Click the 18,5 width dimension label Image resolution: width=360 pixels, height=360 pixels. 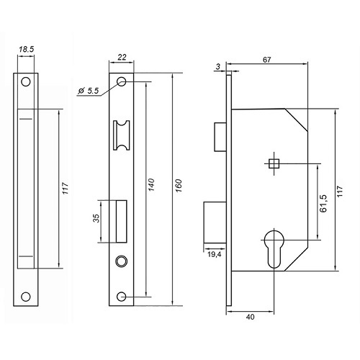click(27, 50)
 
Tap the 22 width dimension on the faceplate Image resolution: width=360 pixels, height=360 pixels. click(122, 57)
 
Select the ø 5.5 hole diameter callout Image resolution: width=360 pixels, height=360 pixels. click(89, 91)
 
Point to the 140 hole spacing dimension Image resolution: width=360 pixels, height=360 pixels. click(151, 184)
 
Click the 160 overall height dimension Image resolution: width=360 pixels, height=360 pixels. click(179, 185)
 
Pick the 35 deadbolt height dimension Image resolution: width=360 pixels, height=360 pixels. click(96, 218)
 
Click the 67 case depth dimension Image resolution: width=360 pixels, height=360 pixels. click(266, 60)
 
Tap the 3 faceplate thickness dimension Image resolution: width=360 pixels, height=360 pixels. click(217, 66)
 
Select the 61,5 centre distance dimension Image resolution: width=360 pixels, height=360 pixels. click(323, 203)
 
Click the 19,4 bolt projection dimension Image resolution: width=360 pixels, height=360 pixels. click(215, 254)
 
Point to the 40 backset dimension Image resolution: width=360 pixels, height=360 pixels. click(250, 317)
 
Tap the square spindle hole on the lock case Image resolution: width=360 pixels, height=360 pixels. click(274, 164)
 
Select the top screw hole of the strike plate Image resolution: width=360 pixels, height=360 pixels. click(26, 82)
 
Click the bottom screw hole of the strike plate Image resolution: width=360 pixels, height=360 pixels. click(26, 297)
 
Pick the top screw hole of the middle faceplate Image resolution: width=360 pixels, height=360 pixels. click(122, 81)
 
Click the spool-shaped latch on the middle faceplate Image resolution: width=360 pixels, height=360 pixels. click(122, 135)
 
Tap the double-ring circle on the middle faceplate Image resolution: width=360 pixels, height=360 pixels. click(122, 261)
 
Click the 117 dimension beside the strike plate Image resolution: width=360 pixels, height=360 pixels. click(66, 189)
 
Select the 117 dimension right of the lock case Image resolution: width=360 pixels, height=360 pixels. click(340, 192)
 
